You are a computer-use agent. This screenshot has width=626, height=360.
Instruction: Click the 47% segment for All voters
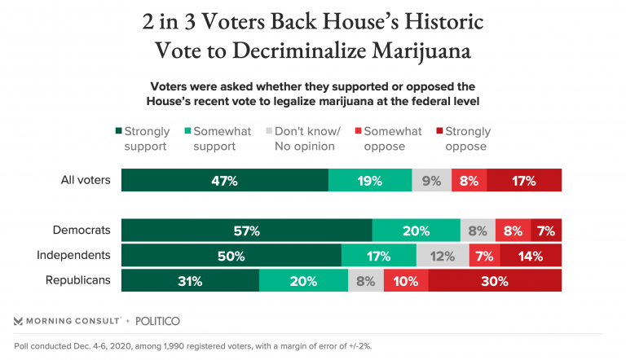tap(224, 180)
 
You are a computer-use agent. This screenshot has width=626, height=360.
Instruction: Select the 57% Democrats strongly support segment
tap(246, 231)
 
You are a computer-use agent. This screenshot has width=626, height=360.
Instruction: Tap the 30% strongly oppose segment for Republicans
tap(495, 281)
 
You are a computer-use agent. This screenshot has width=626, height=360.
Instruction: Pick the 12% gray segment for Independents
tap(443, 256)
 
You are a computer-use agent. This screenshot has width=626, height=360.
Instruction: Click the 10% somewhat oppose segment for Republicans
tap(405, 281)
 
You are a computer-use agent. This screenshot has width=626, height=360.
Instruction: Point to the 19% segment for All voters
tap(370, 180)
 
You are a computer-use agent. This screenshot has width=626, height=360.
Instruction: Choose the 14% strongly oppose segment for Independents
tap(531, 256)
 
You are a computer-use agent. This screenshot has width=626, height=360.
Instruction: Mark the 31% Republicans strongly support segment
tap(190, 281)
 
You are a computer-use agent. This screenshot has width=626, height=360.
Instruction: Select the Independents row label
tap(73, 255)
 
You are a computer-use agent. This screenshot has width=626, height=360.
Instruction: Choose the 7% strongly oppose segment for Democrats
tap(546, 231)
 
